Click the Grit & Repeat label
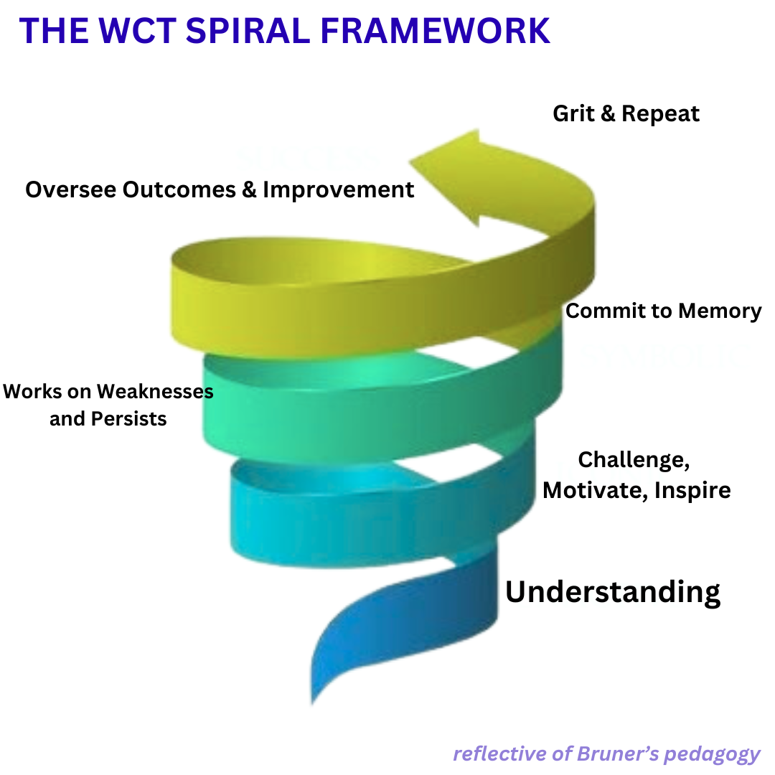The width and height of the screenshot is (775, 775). click(x=626, y=113)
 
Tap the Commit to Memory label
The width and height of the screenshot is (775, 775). click(x=663, y=311)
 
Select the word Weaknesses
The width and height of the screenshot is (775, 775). click(x=155, y=392)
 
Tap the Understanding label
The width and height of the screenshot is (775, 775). click(x=613, y=592)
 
